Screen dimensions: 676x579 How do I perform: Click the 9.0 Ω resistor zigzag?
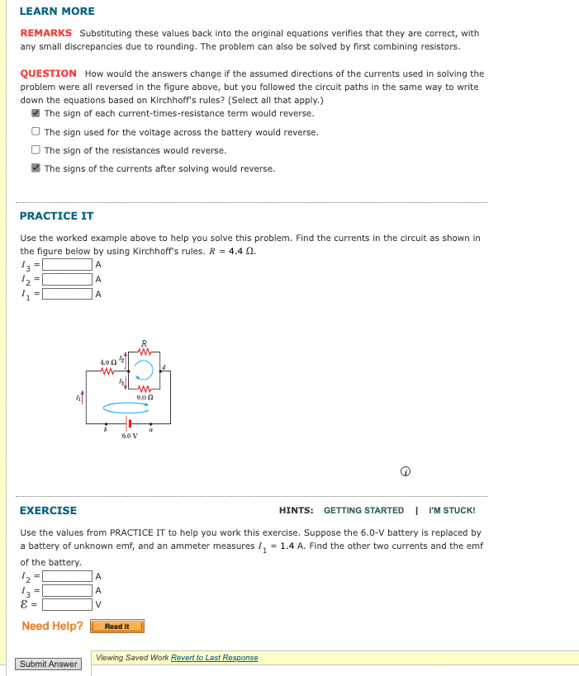(x=143, y=388)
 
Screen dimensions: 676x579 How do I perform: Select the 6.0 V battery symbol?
(x=130, y=423)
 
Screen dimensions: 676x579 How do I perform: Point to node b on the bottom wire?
(x=105, y=423)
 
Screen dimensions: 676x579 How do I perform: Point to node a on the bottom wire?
(x=150, y=423)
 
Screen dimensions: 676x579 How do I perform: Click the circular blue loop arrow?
(x=144, y=369)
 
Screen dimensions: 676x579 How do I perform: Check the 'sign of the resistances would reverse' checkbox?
(x=36, y=150)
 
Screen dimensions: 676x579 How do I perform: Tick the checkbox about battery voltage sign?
(x=36, y=132)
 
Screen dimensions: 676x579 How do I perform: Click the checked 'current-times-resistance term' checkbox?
(x=36, y=114)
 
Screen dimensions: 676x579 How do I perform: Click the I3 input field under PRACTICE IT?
(x=68, y=265)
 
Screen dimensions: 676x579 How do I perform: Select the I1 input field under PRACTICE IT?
(x=68, y=293)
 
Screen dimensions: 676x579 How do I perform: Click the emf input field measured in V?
(x=68, y=603)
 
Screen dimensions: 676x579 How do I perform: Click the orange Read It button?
(x=117, y=626)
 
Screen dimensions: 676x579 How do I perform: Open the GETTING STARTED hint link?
(x=363, y=511)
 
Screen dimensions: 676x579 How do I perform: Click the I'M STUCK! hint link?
(x=452, y=511)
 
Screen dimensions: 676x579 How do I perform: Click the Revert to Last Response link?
(x=214, y=658)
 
